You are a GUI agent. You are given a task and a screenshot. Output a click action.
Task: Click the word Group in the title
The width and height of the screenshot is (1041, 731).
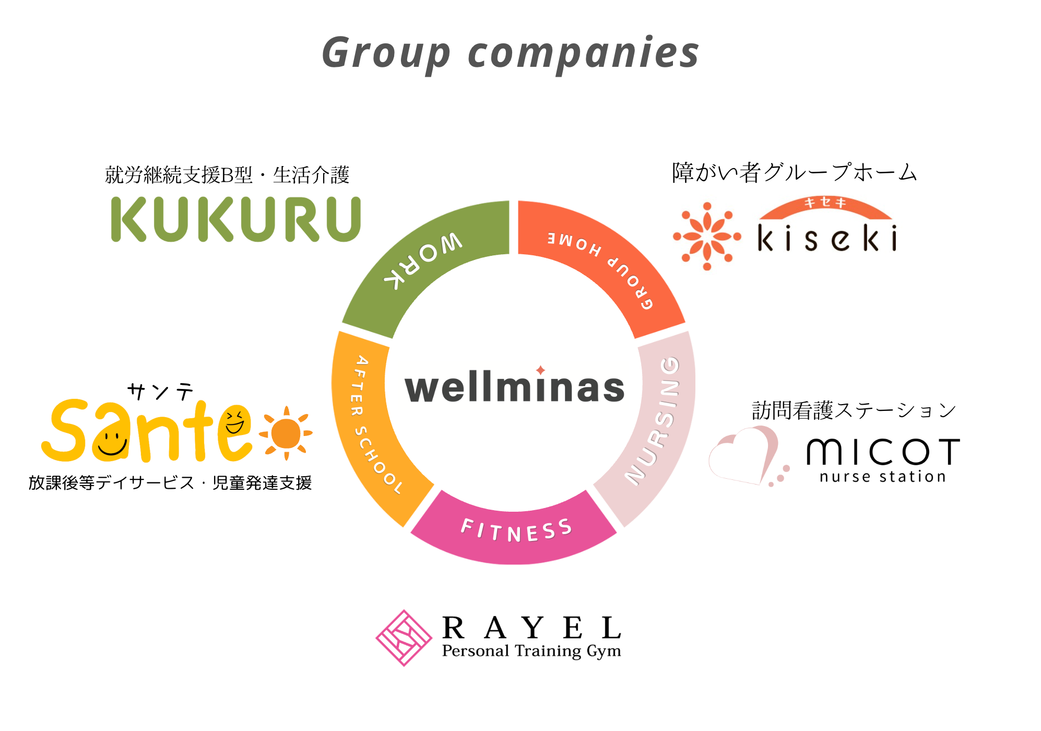pyautogui.click(x=386, y=53)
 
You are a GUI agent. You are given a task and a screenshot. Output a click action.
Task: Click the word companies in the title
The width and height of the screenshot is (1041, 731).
pyautogui.click(x=583, y=53)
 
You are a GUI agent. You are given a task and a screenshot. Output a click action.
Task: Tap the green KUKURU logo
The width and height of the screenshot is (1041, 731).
pyautogui.click(x=236, y=219)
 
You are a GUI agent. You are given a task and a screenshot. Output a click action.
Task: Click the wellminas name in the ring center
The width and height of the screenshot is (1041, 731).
pyautogui.click(x=515, y=387)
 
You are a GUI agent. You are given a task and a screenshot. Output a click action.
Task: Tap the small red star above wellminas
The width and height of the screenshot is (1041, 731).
pyautogui.click(x=540, y=370)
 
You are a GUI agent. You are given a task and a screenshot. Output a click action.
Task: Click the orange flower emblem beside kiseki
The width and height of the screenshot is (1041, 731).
pyautogui.click(x=707, y=237)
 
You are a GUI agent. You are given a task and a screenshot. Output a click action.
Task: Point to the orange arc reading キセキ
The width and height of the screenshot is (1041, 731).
pyautogui.click(x=825, y=206)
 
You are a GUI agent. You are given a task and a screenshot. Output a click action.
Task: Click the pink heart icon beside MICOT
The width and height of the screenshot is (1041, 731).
pyautogui.click(x=744, y=454)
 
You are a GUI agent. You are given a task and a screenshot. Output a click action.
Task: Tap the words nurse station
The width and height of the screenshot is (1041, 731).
pyautogui.click(x=882, y=477)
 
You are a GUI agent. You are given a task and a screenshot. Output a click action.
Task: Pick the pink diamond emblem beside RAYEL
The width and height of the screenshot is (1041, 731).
pyautogui.click(x=404, y=638)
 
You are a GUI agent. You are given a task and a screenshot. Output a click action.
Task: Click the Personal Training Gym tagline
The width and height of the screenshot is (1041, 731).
pyautogui.click(x=531, y=651)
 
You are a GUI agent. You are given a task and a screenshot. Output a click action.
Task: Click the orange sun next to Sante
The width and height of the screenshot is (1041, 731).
pyautogui.click(x=286, y=433)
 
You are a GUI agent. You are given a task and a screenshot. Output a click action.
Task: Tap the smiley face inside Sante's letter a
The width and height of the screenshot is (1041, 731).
pyautogui.click(x=111, y=442)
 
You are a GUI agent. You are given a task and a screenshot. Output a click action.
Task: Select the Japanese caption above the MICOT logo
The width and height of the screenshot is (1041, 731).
pyautogui.click(x=854, y=410)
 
